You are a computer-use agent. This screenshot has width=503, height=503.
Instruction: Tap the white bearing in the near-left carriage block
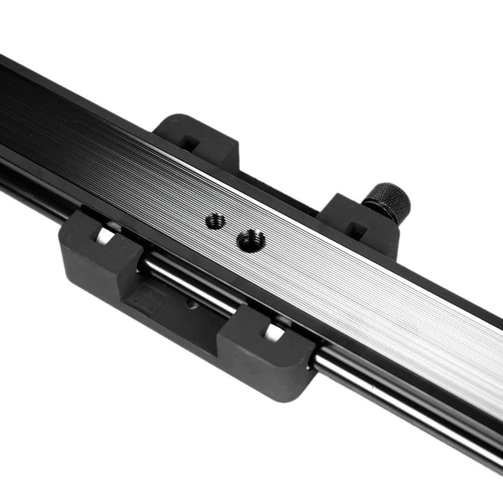click(105, 235)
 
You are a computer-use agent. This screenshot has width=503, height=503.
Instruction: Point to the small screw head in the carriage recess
click(191, 304)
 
